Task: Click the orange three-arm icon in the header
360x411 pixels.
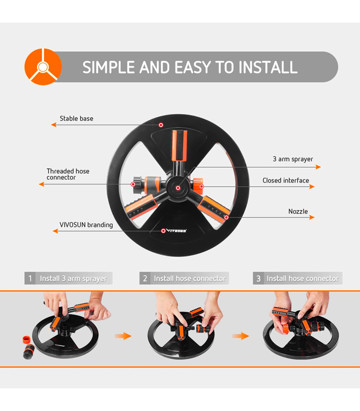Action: click(43, 67)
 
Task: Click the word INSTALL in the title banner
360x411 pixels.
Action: click(268, 67)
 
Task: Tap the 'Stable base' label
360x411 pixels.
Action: click(76, 119)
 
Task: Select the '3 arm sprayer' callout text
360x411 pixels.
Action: click(293, 159)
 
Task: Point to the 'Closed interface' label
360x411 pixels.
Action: click(286, 180)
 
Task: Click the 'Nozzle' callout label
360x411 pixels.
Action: click(298, 211)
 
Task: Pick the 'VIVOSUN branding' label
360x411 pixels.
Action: click(86, 225)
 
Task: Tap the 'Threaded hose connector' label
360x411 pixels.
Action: click(68, 174)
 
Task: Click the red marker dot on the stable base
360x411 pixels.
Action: click(161, 125)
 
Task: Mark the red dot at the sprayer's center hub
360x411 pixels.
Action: click(178, 188)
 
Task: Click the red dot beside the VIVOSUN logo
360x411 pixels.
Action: click(163, 231)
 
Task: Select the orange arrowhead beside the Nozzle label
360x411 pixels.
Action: click(312, 217)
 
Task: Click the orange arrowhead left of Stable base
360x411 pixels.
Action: click(54, 124)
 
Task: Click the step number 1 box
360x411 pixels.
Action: click(30, 278)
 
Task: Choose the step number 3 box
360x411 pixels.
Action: click(259, 278)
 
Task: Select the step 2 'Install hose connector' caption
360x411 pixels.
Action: click(190, 278)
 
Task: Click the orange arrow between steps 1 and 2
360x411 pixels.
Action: click(123, 336)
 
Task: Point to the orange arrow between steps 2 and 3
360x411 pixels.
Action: click(241, 336)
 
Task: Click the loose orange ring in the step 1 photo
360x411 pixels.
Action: click(27, 340)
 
